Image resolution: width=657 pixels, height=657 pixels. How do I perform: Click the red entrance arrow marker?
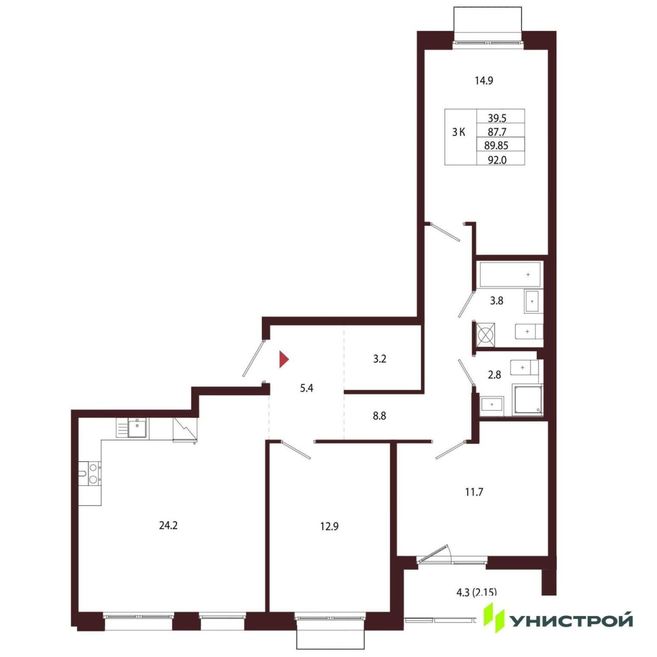click(284, 359)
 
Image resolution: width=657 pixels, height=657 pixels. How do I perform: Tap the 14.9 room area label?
click(484, 81)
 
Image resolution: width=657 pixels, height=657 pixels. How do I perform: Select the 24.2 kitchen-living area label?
click(168, 526)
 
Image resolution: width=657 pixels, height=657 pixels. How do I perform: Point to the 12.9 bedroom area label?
click(330, 527)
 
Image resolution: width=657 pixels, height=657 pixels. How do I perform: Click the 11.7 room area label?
click(474, 492)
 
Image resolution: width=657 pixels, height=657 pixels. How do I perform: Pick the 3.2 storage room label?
click(379, 359)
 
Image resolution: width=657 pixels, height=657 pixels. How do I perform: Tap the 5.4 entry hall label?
click(306, 388)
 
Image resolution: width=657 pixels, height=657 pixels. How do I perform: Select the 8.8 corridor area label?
click(379, 416)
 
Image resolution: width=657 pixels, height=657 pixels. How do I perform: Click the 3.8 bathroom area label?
click(496, 301)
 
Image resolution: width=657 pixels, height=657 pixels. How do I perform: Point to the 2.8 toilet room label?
click(494, 375)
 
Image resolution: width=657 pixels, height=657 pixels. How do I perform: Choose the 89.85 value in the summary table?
click(496, 146)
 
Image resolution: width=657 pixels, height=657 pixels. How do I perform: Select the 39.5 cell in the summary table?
click(497, 118)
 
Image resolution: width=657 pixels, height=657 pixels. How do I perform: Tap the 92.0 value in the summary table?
click(497, 160)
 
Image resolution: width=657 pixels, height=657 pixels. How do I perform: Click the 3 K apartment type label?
click(458, 132)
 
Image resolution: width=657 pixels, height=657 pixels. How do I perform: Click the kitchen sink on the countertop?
click(138, 428)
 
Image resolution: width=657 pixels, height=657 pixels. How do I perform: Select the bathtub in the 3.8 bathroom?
click(510, 275)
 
